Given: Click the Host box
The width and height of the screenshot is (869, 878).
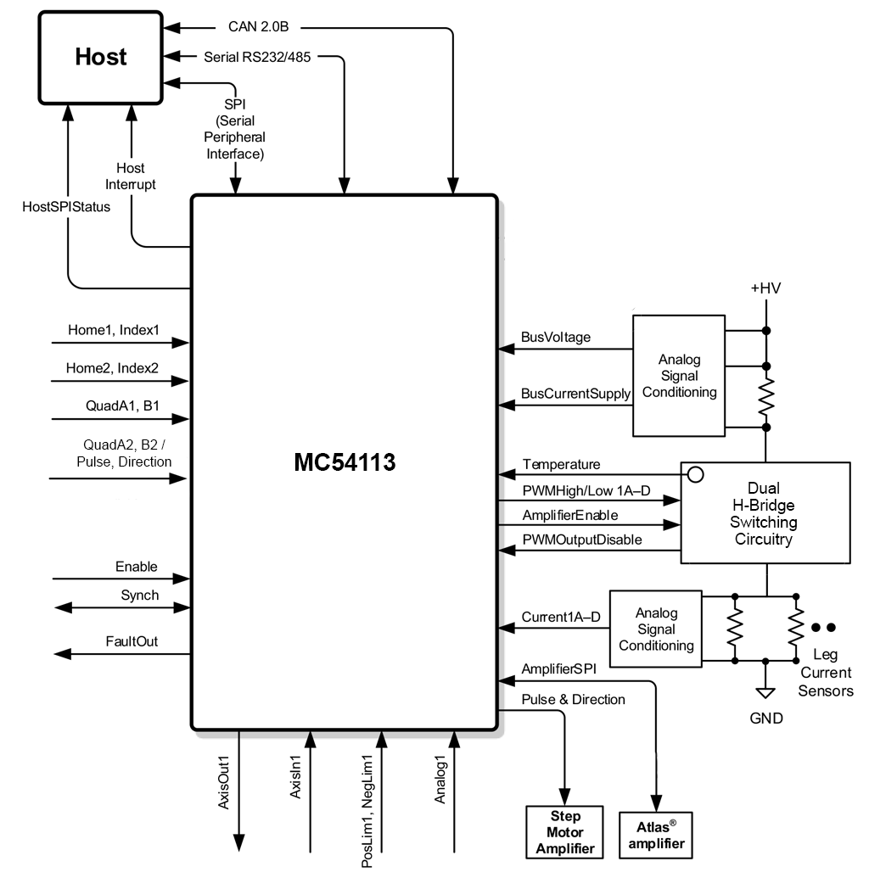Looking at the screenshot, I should [100, 57].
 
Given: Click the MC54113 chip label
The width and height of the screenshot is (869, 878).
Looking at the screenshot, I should [345, 462].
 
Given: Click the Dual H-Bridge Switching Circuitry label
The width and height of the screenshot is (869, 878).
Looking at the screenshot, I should [764, 513].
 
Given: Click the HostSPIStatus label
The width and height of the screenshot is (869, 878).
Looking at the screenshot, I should [67, 206].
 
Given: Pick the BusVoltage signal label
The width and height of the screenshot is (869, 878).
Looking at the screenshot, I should [556, 337].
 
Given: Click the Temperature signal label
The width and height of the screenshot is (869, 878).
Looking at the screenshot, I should [561, 465].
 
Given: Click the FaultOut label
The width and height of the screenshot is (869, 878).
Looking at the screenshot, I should [132, 642].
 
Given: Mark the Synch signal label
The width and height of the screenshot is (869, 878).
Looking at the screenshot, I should [139, 595].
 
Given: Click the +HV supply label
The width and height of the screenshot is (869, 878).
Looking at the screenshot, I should [765, 288].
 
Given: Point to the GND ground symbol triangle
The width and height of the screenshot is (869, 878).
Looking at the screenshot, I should [765, 692].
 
